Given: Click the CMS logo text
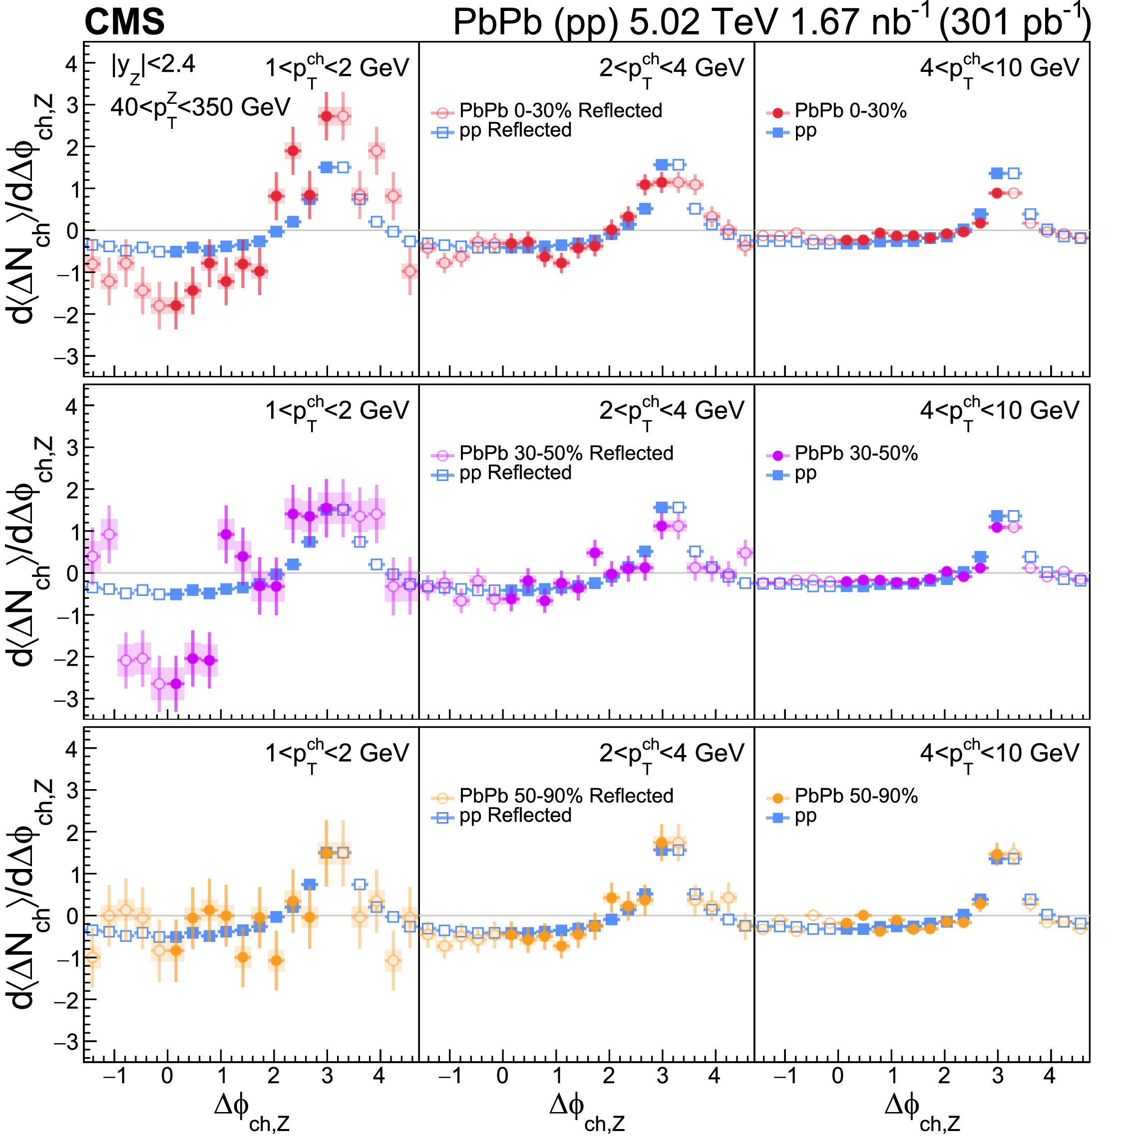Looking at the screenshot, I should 125,22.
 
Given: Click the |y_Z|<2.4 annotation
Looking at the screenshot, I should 153,65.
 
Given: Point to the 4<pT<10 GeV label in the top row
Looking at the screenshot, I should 999,69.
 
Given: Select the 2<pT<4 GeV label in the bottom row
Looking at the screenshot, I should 671,754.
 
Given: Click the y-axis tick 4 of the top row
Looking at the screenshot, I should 71,63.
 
